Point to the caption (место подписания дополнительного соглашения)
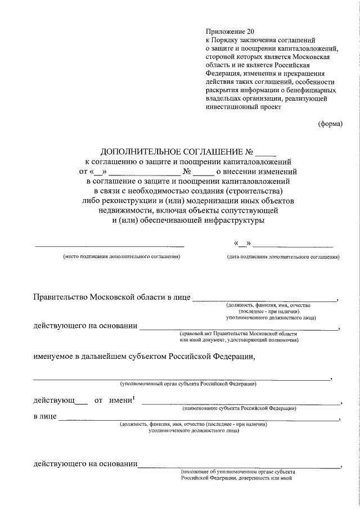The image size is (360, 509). pos(121,256)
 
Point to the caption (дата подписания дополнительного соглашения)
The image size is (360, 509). pos(283,256)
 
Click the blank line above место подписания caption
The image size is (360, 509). pos(110,246)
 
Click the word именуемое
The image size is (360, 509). pos(57,356)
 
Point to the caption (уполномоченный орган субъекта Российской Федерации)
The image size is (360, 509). pos(188,384)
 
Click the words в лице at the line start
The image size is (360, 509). pos(44,417)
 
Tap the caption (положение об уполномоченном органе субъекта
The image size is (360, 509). pos(238,471)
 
